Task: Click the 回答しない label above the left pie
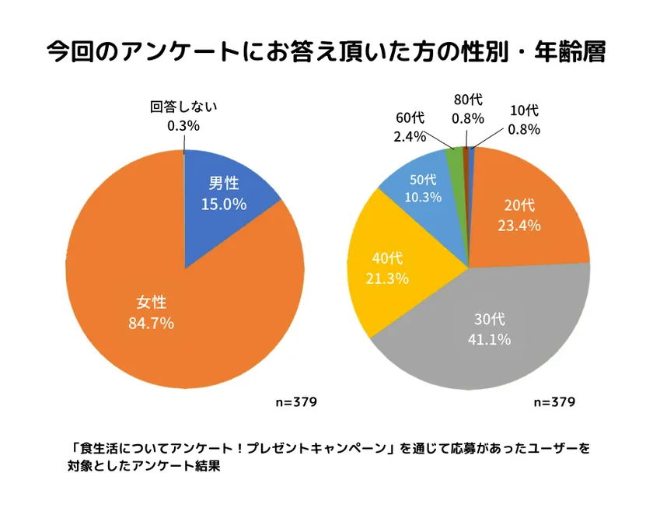pyautogui.click(x=183, y=107)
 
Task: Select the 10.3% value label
pyautogui.click(x=422, y=197)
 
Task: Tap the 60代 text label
pyautogui.click(x=409, y=118)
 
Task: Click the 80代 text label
pyautogui.click(x=468, y=100)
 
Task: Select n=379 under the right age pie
pyautogui.click(x=554, y=402)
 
